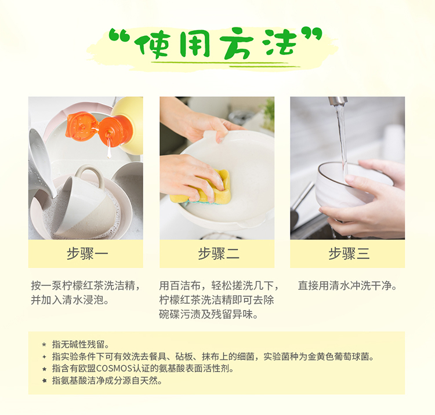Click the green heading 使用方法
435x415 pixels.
215,43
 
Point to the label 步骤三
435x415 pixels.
349,254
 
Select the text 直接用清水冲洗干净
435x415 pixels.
347,285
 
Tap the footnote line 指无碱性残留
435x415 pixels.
81,345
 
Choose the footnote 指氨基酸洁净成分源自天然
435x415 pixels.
107,381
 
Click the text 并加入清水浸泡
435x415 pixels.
70,300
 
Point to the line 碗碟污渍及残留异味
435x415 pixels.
209,315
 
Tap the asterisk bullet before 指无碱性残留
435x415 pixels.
44,345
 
